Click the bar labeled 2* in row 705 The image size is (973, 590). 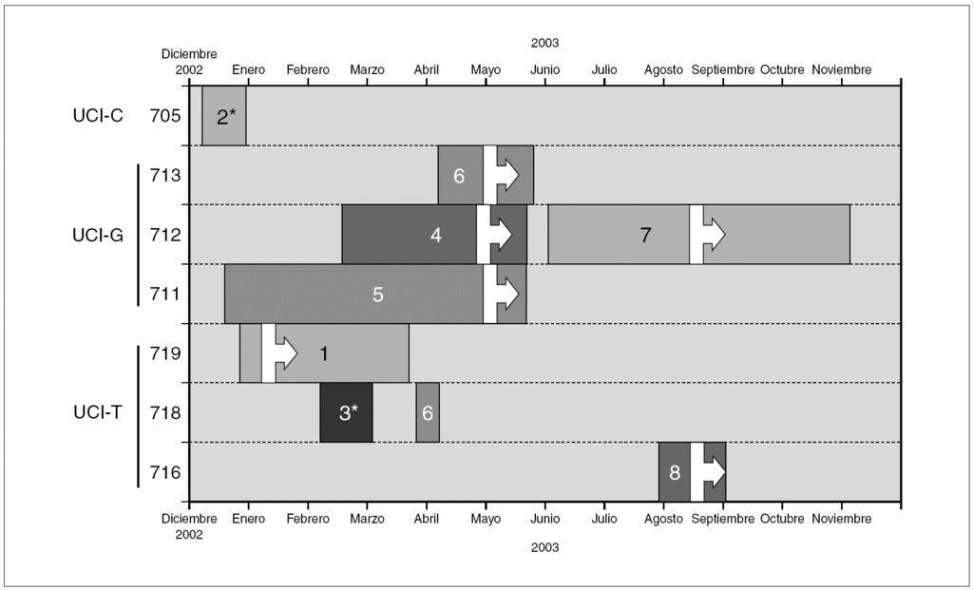click(x=224, y=117)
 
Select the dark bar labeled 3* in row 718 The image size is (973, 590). click(x=347, y=412)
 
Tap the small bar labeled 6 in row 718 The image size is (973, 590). click(x=428, y=412)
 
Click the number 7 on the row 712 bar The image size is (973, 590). click(x=645, y=235)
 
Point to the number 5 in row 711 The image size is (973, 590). click(x=377, y=295)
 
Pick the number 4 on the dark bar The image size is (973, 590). click(x=436, y=235)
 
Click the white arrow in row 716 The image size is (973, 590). click(x=709, y=471)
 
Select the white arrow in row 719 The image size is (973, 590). click(x=280, y=352)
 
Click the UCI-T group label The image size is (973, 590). click(x=99, y=412)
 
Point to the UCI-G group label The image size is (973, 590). click(x=99, y=235)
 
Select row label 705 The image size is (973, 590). click(x=165, y=117)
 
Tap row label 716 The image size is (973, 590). click(x=165, y=471)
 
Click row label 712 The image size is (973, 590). click(x=165, y=235)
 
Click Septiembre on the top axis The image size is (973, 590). click(x=722, y=70)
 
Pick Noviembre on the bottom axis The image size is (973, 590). click(x=842, y=519)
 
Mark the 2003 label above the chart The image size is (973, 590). click(x=544, y=43)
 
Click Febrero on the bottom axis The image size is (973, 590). click(x=308, y=519)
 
